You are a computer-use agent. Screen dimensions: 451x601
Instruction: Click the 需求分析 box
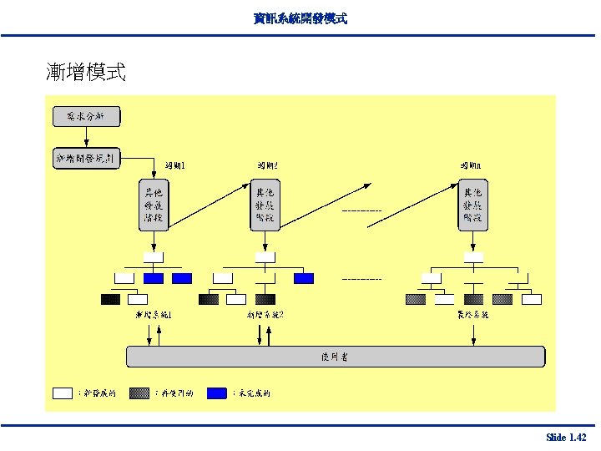(87, 117)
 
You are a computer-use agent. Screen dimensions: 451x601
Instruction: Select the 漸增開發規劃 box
(87, 156)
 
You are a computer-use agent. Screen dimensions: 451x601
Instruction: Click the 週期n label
(470, 166)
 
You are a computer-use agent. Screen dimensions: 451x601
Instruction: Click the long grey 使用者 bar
(336, 357)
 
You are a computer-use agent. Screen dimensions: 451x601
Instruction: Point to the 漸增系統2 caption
(265, 315)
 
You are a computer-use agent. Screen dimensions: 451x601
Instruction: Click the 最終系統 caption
(472, 315)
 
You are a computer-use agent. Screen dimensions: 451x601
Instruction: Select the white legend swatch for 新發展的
(63, 392)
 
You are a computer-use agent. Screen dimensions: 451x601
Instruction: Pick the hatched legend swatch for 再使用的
(139, 392)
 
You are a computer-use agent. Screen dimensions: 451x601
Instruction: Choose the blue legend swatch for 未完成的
(218, 392)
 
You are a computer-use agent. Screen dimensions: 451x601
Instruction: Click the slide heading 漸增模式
(86, 73)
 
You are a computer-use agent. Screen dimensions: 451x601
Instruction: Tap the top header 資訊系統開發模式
(300, 18)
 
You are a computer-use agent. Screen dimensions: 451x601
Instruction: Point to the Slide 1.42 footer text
(566, 438)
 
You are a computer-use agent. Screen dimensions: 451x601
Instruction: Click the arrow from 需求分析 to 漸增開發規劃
(87, 137)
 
